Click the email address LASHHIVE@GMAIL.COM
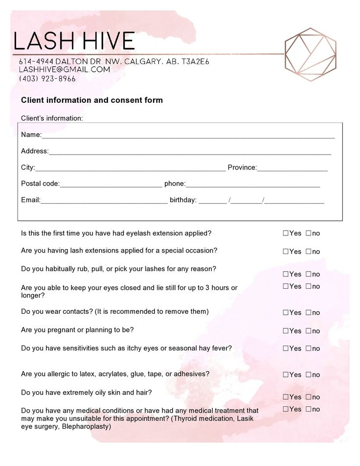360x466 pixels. click(x=64, y=70)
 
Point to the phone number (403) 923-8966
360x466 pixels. click(x=47, y=78)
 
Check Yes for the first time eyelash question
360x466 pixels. click(x=286, y=233)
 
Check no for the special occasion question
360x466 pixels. click(x=309, y=252)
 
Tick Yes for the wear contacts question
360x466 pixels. click(x=286, y=312)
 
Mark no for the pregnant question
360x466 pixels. click(x=309, y=331)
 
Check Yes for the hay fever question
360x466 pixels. click(x=286, y=349)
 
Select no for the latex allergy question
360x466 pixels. click(x=309, y=374)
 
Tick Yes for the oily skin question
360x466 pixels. click(x=286, y=397)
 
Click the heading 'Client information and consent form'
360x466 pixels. click(x=92, y=100)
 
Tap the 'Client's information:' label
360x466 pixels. click(x=52, y=118)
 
